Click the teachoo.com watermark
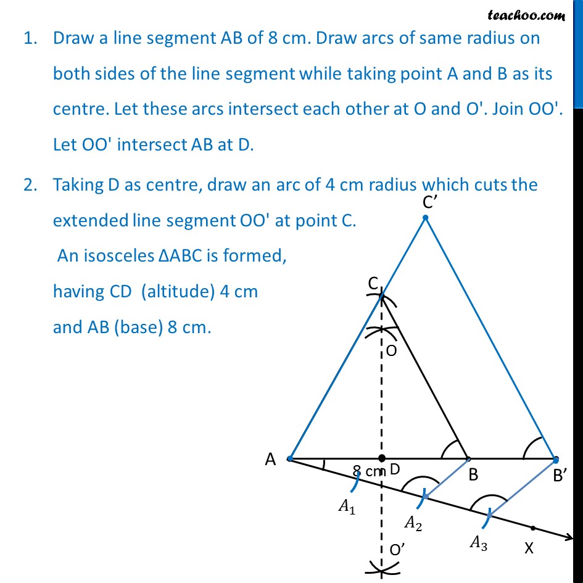tap(526, 14)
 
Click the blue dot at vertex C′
tap(424, 218)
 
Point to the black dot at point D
tap(382, 458)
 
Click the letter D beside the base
tap(395, 470)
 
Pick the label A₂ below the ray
tap(413, 523)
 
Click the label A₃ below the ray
tap(479, 542)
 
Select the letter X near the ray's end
tap(529, 547)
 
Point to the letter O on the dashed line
tap(391, 350)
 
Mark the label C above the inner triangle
tap(373, 283)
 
